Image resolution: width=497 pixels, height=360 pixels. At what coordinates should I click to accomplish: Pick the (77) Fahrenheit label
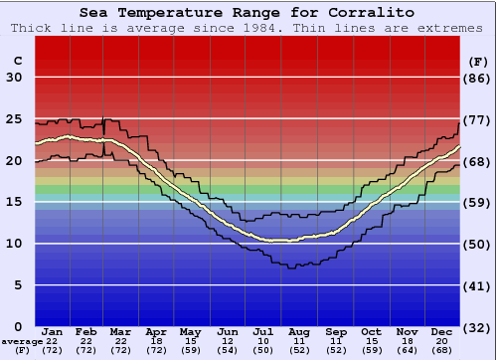pos(478,119)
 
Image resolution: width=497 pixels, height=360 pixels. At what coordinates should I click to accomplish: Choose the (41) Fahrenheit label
pos(478,285)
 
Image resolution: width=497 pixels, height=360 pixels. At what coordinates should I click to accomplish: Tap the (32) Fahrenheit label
pos(478,327)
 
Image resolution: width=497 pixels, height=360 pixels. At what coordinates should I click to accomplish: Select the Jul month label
pos(263,331)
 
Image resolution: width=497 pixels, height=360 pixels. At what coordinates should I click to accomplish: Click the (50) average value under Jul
pos(263,350)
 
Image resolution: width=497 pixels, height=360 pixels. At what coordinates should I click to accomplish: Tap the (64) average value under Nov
pos(406,350)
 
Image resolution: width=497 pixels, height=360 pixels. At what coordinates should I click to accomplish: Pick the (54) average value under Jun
pos(228,350)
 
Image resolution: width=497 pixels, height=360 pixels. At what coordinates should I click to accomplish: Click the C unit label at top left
pos(17,61)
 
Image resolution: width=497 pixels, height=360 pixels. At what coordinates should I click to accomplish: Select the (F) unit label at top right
pos(478,61)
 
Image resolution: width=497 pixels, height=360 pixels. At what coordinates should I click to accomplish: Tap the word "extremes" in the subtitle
pos(449,28)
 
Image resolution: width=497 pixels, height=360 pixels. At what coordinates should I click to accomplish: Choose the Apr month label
pos(157,331)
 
